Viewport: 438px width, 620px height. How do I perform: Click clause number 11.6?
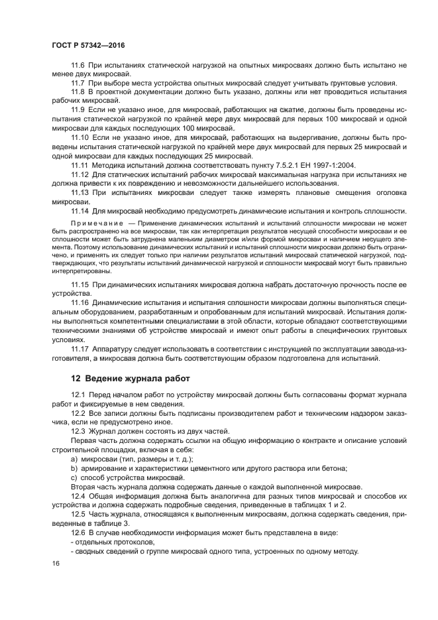pyautogui.click(x=78, y=66)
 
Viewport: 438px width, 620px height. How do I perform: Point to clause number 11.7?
pyautogui.click(x=78, y=83)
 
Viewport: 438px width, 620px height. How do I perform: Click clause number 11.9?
pyautogui.click(x=78, y=109)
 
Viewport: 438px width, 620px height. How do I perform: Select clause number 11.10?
pyautogui.click(x=80, y=135)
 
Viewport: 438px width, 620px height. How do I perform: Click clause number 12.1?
pyautogui.click(x=78, y=396)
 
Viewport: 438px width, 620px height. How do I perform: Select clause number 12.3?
pyautogui.click(x=78, y=430)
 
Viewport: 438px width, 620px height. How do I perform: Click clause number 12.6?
pyautogui.click(x=78, y=534)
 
